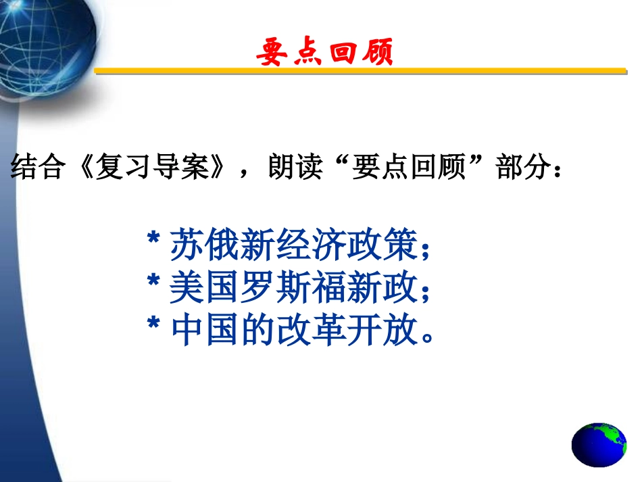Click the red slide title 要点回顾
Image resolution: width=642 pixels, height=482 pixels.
pyautogui.click(x=325, y=51)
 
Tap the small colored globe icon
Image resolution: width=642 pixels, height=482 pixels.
pyautogui.click(x=599, y=445)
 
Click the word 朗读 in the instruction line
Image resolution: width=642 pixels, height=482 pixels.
pyautogui.click(x=292, y=168)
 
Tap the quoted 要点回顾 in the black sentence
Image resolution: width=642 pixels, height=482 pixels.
pyautogui.click(x=408, y=168)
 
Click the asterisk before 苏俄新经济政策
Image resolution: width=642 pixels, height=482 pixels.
pyautogui.click(x=153, y=239)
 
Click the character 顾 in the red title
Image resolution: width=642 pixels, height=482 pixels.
pyautogui.click(x=376, y=51)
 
